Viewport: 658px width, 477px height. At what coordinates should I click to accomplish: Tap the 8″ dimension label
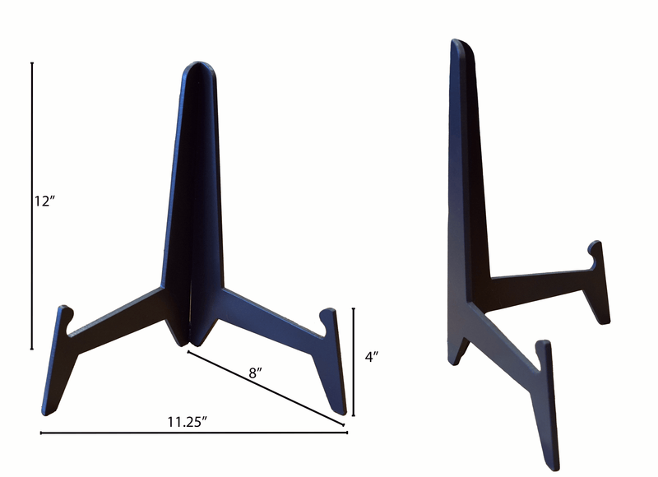pyautogui.click(x=254, y=373)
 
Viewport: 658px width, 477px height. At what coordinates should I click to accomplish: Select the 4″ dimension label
pyautogui.click(x=371, y=357)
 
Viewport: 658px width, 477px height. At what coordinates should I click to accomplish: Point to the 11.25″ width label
pyautogui.click(x=188, y=422)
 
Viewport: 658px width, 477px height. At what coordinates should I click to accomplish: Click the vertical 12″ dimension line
pyautogui.click(x=32, y=206)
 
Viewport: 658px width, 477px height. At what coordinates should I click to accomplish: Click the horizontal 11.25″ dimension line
pyautogui.click(x=193, y=433)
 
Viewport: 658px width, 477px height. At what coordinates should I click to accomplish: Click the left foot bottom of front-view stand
pyautogui.click(x=48, y=410)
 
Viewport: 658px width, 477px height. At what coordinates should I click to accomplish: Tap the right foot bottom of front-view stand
pyautogui.click(x=339, y=410)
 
